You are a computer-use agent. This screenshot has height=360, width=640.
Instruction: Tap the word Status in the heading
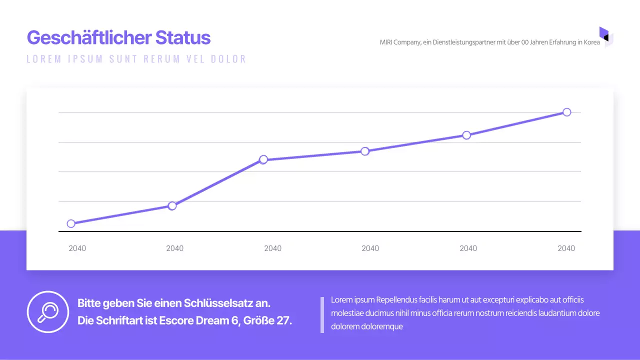[183, 38]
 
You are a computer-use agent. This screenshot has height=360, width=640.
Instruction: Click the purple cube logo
[606, 36]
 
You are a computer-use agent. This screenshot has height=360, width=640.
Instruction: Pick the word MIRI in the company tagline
[386, 42]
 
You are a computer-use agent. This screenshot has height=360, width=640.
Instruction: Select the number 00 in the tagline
[525, 42]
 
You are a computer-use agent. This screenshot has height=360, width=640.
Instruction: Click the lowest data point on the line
[71, 223]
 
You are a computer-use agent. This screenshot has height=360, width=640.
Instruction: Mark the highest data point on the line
[566, 112]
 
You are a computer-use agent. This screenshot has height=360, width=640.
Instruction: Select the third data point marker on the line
[263, 159]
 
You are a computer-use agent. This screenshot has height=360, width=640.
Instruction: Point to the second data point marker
[172, 205]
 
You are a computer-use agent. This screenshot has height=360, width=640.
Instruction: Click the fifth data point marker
[466, 135]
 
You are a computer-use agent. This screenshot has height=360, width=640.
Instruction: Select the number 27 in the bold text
[283, 320]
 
